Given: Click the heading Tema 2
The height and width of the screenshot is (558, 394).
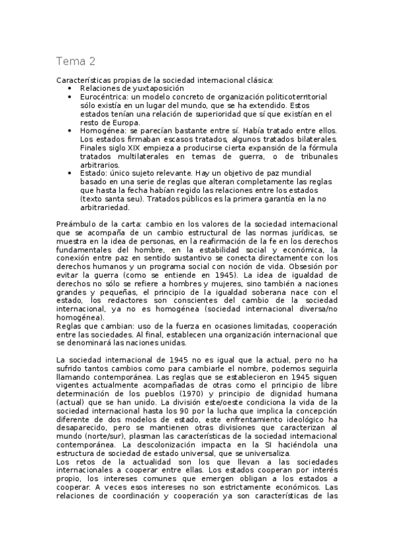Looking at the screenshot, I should [76, 62].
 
